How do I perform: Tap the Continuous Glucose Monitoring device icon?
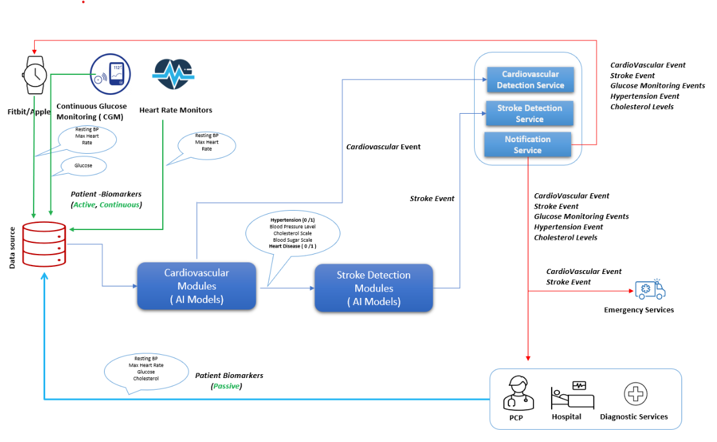point(110,74)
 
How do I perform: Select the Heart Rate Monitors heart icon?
point(172,74)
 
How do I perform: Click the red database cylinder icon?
point(44,244)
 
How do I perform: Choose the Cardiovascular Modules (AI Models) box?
point(196,286)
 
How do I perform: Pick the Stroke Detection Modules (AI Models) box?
point(373,288)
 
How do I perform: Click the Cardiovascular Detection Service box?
point(530,79)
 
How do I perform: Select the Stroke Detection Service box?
point(530,114)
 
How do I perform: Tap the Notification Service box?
point(528,145)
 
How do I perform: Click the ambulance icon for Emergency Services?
point(649,289)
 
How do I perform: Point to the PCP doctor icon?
point(520,392)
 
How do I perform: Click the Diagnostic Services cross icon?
point(635,394)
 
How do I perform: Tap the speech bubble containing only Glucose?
point(83,165)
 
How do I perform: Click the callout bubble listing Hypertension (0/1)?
point(293,233)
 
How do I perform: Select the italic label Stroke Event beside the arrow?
point(432,198)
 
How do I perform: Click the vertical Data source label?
point(12,247)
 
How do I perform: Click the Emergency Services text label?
point(638,310)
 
